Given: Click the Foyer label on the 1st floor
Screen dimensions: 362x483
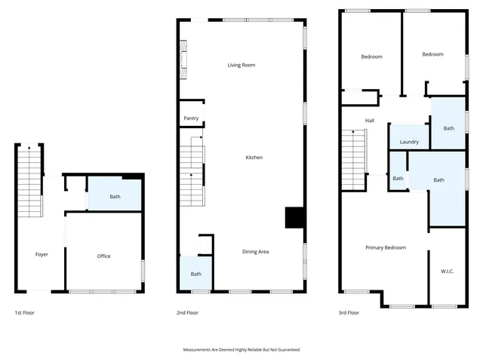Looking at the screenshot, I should pyautogui.click(x=42, y=255).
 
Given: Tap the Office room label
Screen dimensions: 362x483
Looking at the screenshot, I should pyautogui.click(x=104, y=256).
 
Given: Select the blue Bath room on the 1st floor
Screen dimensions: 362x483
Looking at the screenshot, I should pyautogui.click(x=115, y=197).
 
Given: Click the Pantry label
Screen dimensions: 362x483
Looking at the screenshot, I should pyautogui.click(x=191, y=118).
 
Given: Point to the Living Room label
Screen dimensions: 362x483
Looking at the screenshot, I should pyautogui.click(x=241, y=65).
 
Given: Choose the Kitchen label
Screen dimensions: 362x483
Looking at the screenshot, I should pyautogui.click(x=254, y=158).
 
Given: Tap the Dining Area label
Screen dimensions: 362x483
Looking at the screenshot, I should pyautogui.click(x=255, y=252).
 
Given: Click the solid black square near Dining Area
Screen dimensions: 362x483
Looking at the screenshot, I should pyautogui.click(x=293, y=217).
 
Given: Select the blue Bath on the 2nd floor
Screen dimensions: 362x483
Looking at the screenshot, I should pyautogui.click(x=195, y=274).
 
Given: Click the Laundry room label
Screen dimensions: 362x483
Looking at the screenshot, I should pyautogui.click(x=409, y=142).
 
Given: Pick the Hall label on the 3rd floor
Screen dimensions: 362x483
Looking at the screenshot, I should pyautogui.click(x=370, y=121).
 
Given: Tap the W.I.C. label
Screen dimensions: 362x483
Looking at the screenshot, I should pyautogui.click(x=448, y=271).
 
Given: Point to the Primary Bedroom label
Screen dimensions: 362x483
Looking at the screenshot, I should pyautogui.click(x=386, y=247).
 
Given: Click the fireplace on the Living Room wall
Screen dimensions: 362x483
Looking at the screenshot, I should pyautogui.click(x=183, y=60).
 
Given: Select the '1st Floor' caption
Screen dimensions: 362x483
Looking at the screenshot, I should pyautogui.click(x=25, y=312).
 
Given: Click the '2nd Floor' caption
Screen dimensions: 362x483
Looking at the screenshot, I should pyautogui.click(x=188, y=312).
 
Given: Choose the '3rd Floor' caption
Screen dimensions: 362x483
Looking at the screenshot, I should pyautogui.click(x=349, y=312).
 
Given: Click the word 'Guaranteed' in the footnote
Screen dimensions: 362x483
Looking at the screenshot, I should pyautogui.click(x=287, y=350).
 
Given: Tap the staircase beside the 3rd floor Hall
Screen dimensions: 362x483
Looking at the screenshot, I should pyautogui.click(x=353, y=161).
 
